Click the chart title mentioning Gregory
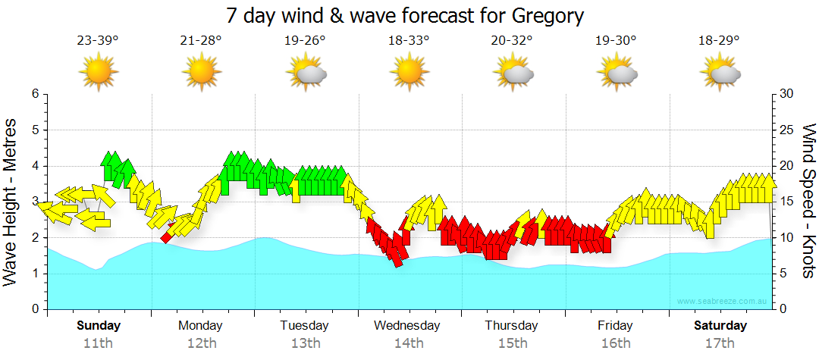[406, 15]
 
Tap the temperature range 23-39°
[97, 41]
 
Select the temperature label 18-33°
[409, 41]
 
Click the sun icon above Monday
[201, 72]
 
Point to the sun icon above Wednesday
[409, 72]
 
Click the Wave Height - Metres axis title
[11, 201]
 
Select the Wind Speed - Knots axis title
[808, 201]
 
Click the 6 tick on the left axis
[34, 94]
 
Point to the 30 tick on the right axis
[786, 94]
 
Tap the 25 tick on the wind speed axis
[786, 130]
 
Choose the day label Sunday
[99, 326]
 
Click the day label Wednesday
[407, 326]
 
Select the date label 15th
[513, 343]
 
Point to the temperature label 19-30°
[616, 41]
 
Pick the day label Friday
[615, 326]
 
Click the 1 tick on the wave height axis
[34, 274]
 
